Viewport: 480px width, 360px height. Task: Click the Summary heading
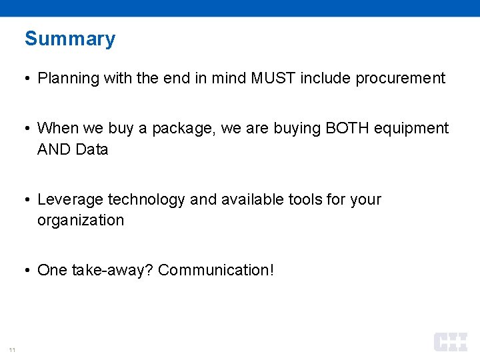70,39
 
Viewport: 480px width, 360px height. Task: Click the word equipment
411,128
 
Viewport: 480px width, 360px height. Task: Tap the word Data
92,149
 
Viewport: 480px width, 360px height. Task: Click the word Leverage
70,199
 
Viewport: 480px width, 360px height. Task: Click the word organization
81,220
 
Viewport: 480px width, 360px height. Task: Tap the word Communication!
216,270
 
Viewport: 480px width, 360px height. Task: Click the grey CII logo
451,342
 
